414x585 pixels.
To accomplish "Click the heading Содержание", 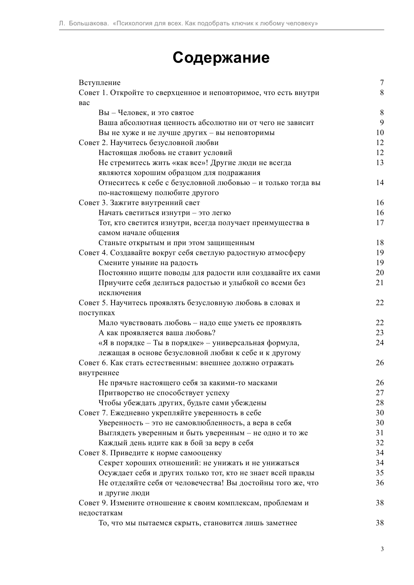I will pos(221,58).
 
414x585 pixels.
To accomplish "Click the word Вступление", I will pos(99,82).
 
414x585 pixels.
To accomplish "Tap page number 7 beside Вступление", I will pos(382,82).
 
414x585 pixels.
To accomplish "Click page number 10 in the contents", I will pos(380,132).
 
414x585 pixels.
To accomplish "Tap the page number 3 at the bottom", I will pos(382,549).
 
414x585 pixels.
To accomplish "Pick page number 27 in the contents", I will pos(380,393).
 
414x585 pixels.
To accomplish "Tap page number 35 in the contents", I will pos(380,473).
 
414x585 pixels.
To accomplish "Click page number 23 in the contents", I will pos(380,333).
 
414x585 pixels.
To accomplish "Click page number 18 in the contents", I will pos(380,242).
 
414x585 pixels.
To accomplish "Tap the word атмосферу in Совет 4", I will pos(287,253).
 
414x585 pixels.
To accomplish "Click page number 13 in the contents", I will pos(380,162).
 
